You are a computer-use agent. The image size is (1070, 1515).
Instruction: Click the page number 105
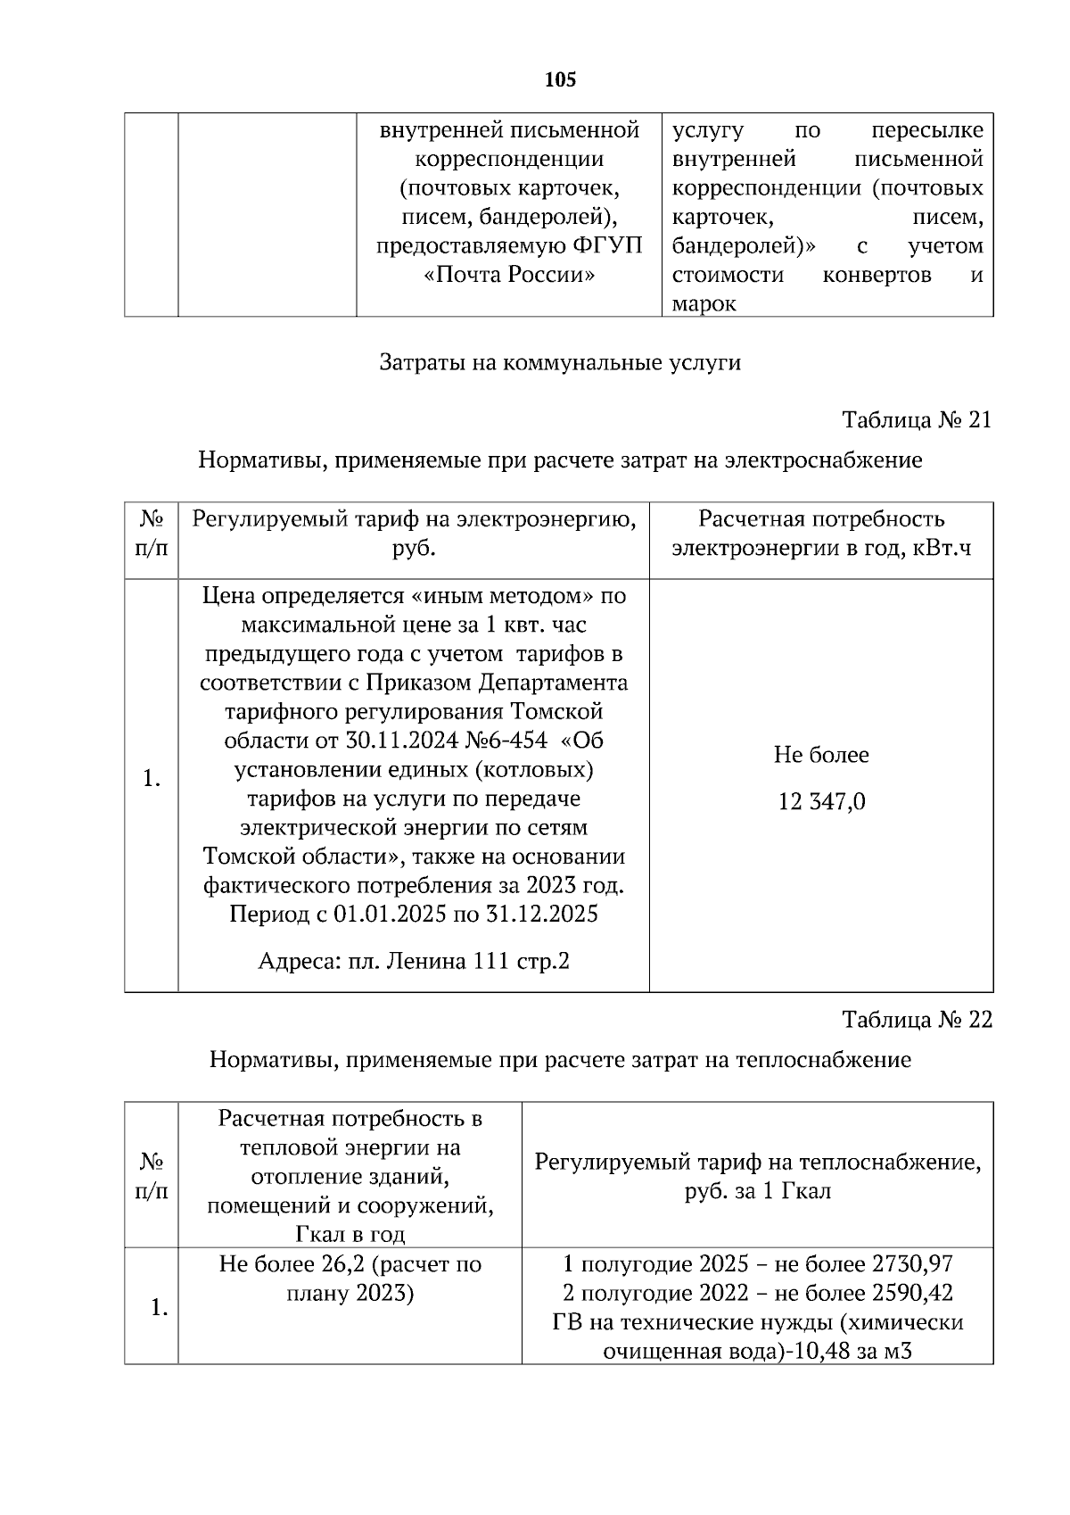[560, 80]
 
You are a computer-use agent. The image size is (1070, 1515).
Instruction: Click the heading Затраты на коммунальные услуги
[560, 363]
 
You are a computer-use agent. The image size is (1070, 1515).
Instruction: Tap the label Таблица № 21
[917, 420]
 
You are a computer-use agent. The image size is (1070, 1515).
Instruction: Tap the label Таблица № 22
[917, 1020]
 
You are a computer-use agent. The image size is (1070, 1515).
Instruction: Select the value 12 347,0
[821, 802]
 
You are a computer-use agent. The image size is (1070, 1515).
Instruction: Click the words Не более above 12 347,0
[821, 755]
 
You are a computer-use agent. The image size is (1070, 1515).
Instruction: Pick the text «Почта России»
[508, 275]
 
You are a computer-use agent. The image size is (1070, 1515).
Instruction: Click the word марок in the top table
[704, 304]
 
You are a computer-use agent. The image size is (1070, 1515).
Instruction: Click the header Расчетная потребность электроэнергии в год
[821, 534]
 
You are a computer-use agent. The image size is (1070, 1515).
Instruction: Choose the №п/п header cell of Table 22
[151, 1176]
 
